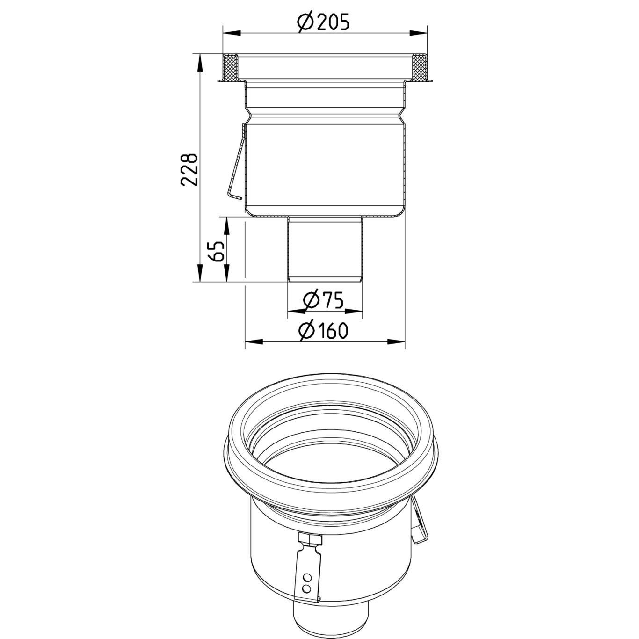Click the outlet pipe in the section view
[x=325, y=248]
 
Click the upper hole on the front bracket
[x=307, y=576]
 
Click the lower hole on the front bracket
[x=307, y=586]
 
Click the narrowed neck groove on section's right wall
[x=402, y=115]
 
